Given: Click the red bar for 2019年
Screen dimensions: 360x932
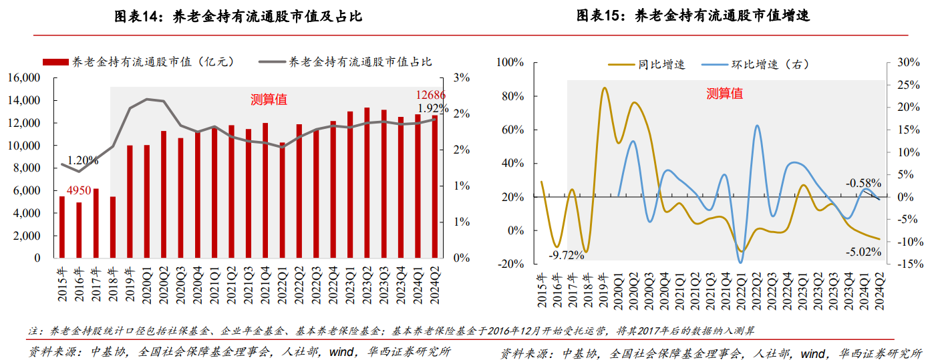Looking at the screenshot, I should click(130, 202).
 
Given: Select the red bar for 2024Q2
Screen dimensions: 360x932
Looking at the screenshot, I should click(435, 187).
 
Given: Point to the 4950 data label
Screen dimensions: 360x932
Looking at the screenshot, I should click(78, 192).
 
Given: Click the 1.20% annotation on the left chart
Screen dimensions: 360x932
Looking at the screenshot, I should click(82, 160).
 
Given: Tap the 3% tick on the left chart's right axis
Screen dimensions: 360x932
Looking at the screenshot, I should click(461, 77).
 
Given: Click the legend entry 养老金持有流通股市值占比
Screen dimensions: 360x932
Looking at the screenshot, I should click(360, 61).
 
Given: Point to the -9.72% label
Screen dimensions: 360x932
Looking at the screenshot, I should click(566, 254).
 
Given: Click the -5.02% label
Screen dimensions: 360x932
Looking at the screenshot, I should click(863, 252).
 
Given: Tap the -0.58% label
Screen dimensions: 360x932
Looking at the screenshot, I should click(863, 182).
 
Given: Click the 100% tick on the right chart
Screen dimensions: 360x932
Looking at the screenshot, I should click(512, 63).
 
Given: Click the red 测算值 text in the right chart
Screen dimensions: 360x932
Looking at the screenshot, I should click(724, 94).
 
